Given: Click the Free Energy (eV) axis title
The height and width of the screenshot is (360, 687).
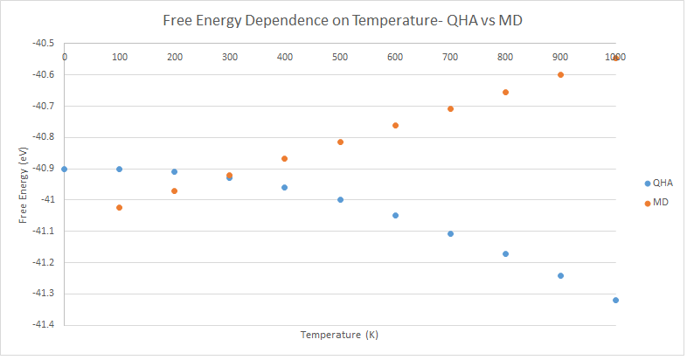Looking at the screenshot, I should coord(24,184).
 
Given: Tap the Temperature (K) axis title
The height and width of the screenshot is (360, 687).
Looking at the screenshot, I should coord(339,334).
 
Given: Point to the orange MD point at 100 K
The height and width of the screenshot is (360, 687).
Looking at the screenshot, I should coord(119,207).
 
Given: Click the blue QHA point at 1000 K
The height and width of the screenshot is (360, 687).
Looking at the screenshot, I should coord(615,300).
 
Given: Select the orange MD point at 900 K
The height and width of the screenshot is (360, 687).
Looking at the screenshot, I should coord(560,74).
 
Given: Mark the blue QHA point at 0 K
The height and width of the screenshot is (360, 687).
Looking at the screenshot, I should coord(64,169).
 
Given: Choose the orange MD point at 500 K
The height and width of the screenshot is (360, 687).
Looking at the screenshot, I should coord(340,142).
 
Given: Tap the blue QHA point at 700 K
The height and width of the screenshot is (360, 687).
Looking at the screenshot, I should coord(450,233).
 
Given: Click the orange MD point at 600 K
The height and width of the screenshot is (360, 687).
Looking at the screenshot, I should coord(395,125).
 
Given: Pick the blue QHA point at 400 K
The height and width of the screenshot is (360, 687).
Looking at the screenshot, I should coord(285,187).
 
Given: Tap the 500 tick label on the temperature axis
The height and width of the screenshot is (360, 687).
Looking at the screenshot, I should coord(340,57).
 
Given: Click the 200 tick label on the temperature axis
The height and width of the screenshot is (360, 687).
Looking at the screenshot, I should coord(175,57).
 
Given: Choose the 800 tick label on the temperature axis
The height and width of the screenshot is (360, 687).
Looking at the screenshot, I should coord(505,57).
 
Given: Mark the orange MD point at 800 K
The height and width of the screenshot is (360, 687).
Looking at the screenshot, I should coord(505,92).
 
